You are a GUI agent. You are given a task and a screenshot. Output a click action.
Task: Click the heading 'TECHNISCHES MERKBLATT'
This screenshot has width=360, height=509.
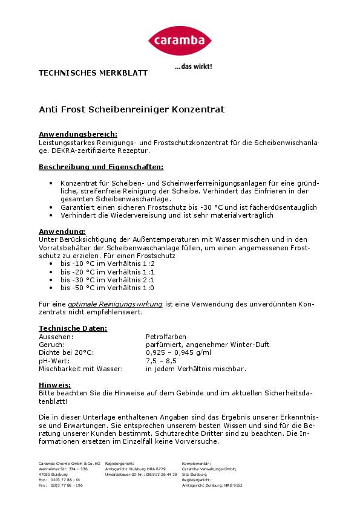[93, 73]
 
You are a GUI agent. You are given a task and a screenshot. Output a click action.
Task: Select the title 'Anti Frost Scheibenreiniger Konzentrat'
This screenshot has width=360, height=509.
[131, 110]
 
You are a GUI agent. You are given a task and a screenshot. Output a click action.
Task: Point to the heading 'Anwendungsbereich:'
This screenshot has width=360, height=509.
[78, 134]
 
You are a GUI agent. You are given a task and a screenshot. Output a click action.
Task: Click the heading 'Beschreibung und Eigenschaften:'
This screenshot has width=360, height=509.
[101, 166]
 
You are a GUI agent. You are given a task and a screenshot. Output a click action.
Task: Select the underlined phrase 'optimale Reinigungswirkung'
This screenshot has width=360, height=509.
[115, 304]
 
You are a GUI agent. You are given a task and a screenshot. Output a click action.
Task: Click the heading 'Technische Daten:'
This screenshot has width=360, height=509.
[73, 328]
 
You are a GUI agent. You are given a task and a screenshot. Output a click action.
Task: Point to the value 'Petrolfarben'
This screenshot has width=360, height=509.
[166, 337]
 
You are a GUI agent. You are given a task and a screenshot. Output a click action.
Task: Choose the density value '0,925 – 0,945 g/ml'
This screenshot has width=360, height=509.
[178, 352]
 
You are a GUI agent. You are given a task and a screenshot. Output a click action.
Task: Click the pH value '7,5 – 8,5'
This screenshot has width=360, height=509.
[162, 360]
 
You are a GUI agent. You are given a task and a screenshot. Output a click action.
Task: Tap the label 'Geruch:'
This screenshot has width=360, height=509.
[51, 345]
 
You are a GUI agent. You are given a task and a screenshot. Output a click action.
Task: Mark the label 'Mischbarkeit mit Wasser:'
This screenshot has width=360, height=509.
[80, 368]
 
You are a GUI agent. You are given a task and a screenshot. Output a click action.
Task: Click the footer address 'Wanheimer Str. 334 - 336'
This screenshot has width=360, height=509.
[63, 468]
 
